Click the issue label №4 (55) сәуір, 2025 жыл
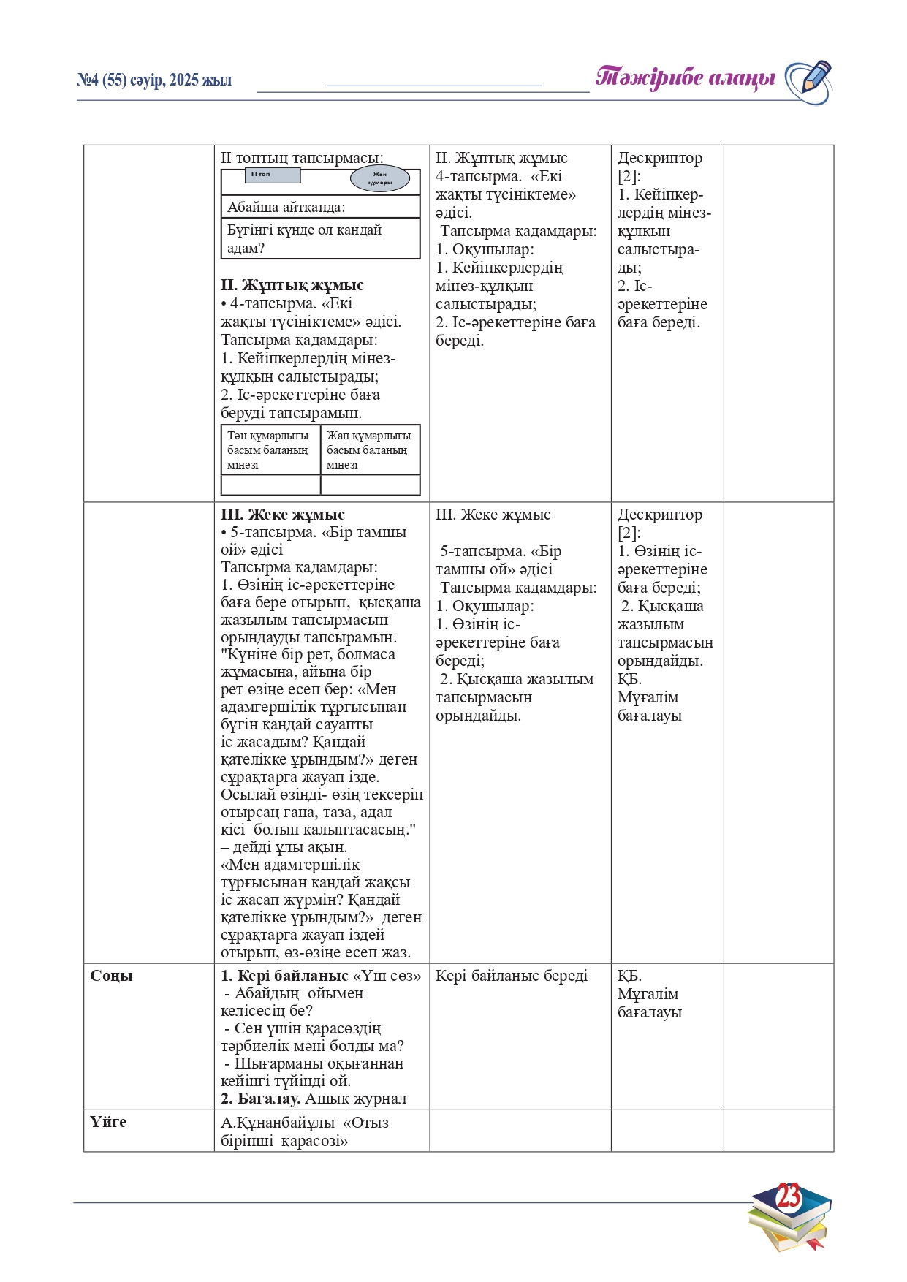coord(154,80)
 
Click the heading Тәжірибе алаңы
coord(685,78)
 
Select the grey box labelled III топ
coord(272,175)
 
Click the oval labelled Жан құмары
coord(380,178)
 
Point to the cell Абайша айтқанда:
coord(286,208)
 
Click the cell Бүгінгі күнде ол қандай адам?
coord(304,239)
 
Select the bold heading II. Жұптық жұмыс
coord(292,285)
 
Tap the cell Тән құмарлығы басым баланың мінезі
coord(268,450)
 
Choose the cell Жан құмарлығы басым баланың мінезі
coord(369,450)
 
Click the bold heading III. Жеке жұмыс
coord(282,515)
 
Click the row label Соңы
coord(111,976)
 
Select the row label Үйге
coord(108,1122)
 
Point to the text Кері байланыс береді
coord(511,976)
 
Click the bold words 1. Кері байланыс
coord(284,976)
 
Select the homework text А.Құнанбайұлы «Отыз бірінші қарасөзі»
coord(304,1131)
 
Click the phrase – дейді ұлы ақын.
coord(284,847)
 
